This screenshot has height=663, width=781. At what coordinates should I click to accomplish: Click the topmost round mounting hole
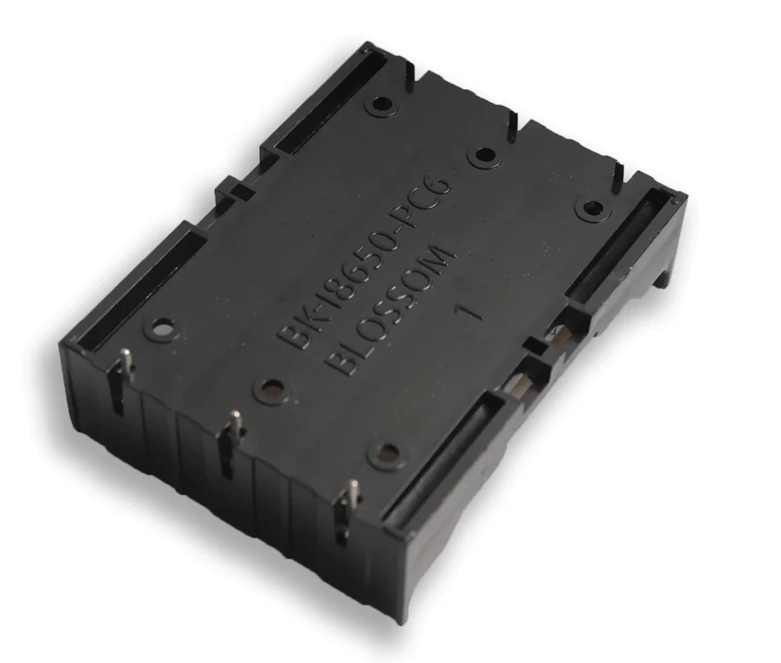pyautogui.click(x=381, y=105)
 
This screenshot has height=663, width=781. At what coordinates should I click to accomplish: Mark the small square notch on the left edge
pyautogui.click(x=239, y=192)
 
